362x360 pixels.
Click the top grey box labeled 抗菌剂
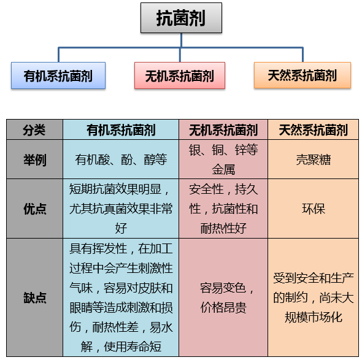click(181, 18)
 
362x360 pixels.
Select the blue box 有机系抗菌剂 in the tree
click(58, 75)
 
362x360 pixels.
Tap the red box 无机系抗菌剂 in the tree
click(180, 75)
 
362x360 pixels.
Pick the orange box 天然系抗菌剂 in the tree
click(302, 75)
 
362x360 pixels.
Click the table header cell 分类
click(34, 129)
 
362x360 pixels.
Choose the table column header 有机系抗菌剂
click(121, 129)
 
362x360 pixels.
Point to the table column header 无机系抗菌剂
click(223, 129)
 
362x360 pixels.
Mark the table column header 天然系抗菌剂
click(313, 129)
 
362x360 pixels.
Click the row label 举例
click(34, 159)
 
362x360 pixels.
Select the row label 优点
click(34, 209)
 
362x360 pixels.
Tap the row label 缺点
click(34, 297)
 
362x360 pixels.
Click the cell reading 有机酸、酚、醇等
click(121, 159)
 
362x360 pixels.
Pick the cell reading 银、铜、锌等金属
click(223, 159)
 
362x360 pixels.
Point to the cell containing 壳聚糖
click(313, 159)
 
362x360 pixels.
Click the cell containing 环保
click(313, 209)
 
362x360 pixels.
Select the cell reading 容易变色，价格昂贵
click(223, 297)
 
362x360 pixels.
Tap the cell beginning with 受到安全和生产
click(313, 297)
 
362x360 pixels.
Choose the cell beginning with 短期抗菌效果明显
click(121, 209)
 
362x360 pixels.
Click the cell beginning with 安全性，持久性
click(223, 209)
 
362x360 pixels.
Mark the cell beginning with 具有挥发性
click(121, 297)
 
